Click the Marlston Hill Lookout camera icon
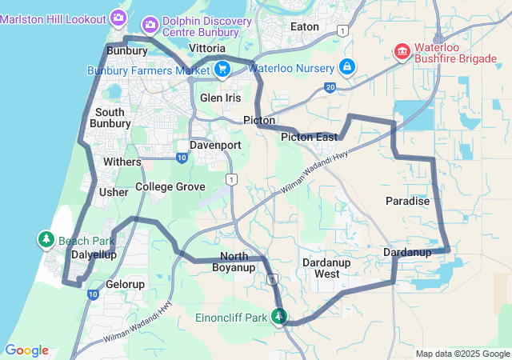click(x=118, y=16)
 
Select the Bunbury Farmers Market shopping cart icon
click(x=222, y=70)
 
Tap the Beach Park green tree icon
click(x=46, y=239)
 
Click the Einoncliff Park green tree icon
click(x=278, y=318)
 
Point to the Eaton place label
click(x=305, y=26)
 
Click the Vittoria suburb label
click(x=207, y=49)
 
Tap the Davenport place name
click(x=215, y=146)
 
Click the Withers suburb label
click(x=122, y=162)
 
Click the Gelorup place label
click(x=125, y=284)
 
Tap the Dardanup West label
click(x=326, y=268)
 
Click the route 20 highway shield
click(x=330, y=86)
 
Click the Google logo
click(x=26, y=350)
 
